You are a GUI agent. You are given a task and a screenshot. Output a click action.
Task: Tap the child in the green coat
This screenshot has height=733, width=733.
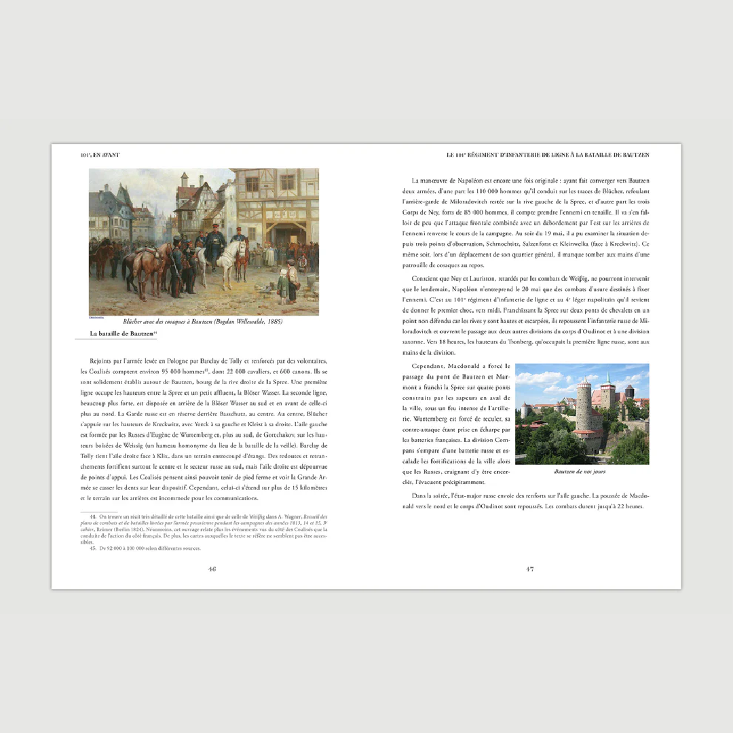(x=282, y=283)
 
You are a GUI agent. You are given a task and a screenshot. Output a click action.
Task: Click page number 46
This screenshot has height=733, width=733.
(x=212, y=569)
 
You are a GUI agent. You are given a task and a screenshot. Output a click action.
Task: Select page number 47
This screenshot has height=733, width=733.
(x=529, y=569)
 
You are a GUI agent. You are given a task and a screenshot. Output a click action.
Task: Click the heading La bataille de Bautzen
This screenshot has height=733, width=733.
(x=121, y=334)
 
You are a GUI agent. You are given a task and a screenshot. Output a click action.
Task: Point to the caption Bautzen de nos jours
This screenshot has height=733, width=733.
(x=580, y=471)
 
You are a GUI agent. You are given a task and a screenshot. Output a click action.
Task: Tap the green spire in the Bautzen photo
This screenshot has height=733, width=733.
(x=608, y=378)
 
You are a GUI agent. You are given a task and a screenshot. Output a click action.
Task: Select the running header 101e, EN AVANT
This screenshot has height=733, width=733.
(x=100, y=155)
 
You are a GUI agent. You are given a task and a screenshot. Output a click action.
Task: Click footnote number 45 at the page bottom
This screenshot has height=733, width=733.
(x=93, y=548)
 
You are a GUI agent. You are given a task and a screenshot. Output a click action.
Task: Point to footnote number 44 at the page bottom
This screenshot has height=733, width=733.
(x=93, y=516)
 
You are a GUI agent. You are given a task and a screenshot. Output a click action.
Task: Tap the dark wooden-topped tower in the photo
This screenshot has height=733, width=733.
(x=629, y=393)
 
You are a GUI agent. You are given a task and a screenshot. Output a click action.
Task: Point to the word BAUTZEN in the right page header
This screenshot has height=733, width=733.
(x=635, y=155)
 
